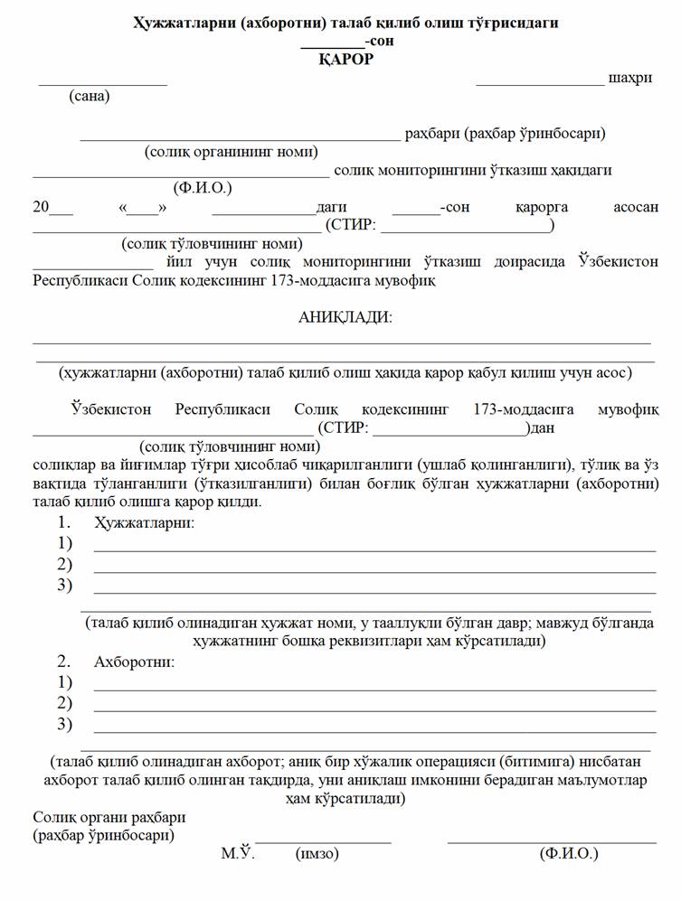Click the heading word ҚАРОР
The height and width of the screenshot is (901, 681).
[345, 60]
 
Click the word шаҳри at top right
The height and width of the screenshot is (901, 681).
[630, 79]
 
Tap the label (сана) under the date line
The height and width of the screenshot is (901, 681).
[90, 96]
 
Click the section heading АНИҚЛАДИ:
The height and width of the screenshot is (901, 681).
[345, 317]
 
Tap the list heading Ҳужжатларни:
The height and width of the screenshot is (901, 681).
[144, 522]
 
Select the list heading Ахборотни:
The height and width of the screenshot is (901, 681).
[135, 662]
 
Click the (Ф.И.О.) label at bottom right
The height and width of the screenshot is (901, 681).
[568, 853]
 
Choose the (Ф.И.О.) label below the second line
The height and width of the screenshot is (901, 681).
[203, 188]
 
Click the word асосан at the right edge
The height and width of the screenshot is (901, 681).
[636, 207]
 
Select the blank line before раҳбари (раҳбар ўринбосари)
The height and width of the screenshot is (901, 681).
[240, 139]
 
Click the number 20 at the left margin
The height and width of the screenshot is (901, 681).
[41, 207]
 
